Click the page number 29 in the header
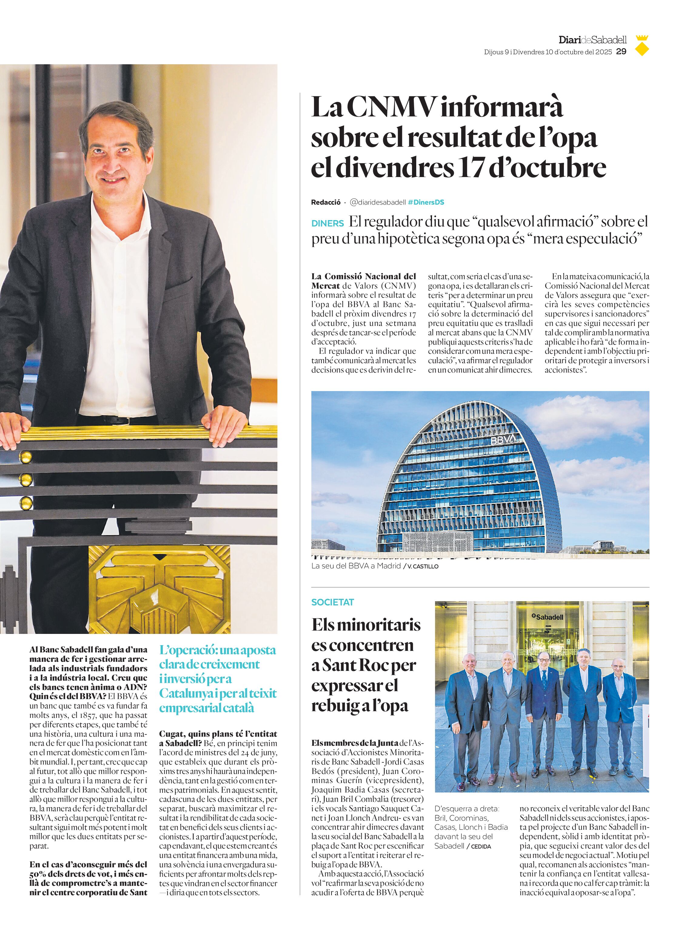pos(621,52)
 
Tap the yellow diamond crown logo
pos(642,46)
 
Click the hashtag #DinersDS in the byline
pos(426,202)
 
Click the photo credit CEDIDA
pos(481,846)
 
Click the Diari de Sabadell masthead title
pos(592,40)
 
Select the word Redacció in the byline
pos(325,202)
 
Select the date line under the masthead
pos(548,52)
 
